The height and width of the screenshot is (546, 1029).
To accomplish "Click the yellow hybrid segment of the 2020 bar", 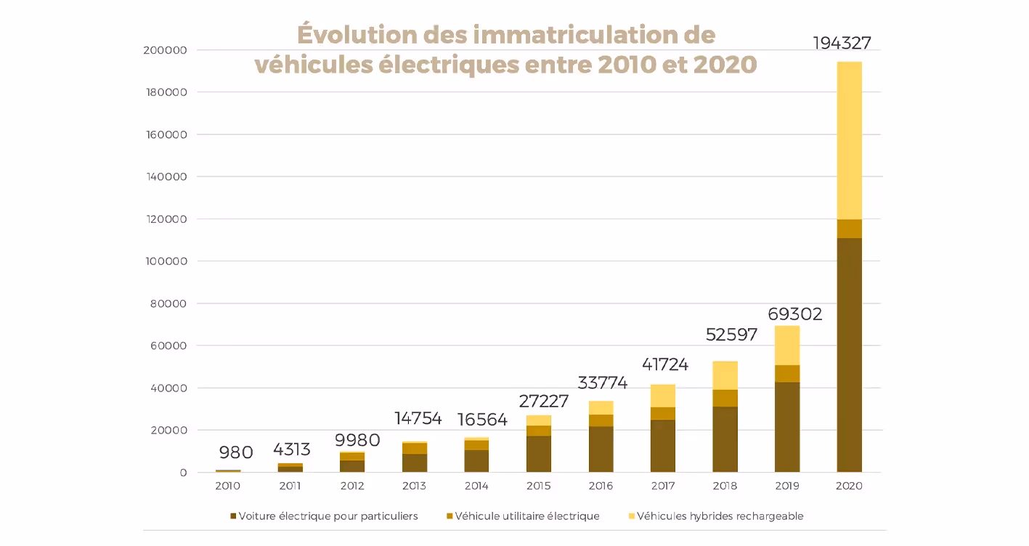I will coord(849,140).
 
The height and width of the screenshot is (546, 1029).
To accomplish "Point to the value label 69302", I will coord(795,314).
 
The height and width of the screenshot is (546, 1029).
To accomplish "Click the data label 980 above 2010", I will coord(235,453).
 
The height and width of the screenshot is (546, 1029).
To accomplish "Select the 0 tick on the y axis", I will coord(182,473).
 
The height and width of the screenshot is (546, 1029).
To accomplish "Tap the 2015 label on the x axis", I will coord(538,486).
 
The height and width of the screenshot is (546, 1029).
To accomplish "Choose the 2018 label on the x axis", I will coord(725,486).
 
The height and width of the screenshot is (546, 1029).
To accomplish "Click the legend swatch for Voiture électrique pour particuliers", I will coord(234,516).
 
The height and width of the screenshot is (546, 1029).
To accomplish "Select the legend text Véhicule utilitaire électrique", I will coord(526,516).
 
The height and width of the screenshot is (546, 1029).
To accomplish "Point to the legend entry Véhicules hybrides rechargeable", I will coord(719,516).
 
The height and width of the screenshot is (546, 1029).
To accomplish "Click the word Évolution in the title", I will coord(357,35).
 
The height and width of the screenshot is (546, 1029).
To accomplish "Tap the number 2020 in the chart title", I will coord(725,65).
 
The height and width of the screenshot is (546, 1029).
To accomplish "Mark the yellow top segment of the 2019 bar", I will coord(787,346).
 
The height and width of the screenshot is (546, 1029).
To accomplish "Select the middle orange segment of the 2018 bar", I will coord(725,398).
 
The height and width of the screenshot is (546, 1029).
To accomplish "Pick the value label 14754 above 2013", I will coord(418,419).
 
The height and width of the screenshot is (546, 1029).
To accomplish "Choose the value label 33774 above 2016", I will coord(602,383).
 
